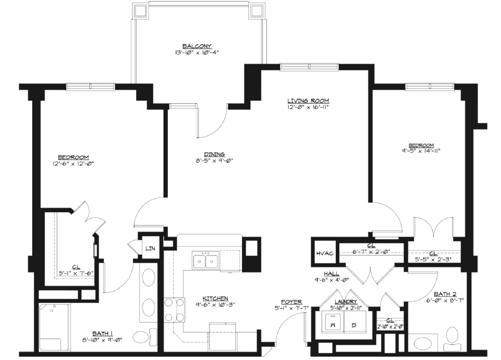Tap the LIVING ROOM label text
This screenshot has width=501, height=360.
(308, 100)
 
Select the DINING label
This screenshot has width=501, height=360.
(214, 154)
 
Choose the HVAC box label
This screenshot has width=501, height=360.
(324, 254)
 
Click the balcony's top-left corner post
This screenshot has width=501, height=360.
(140, 11)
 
